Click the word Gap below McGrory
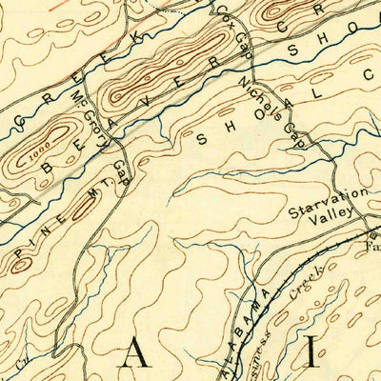121,170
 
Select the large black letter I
315,358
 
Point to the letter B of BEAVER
50,170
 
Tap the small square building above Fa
373,232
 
